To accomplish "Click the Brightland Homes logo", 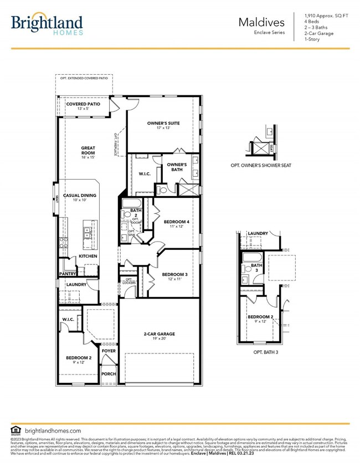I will [x=47, y=24].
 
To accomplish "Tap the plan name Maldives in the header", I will [x=261, y=23].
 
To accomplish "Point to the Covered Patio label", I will [x=83, y=104].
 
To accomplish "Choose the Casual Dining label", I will [x=79, y=196].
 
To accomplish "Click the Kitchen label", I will [x=88, y=257].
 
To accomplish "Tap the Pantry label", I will [x=67, y=274].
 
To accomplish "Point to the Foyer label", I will [x=109, y=351].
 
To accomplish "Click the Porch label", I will [x=109, y=374].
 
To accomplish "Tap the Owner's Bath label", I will [x=177, y=168].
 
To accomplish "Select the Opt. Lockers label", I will [x=128, y=281].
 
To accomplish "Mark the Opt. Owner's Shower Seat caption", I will [x=261, y=165].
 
